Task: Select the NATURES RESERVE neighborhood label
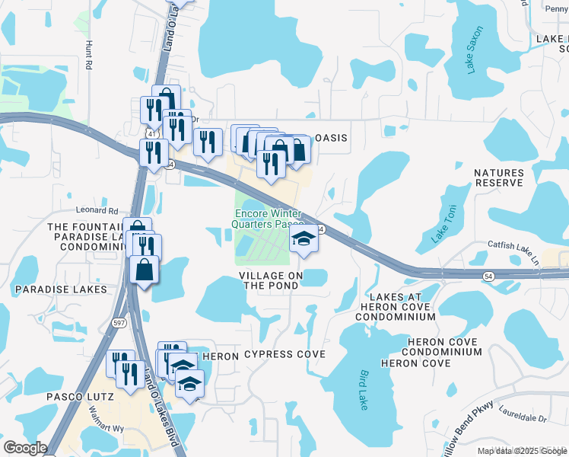pyautogui.click(x=499, y=177)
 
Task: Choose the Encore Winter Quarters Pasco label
pyautogui.click(x=269, y=219)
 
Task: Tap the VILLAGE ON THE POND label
pyautogui.click(x=271, y=280)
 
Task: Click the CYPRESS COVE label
pyautogui.click(x=284, y=355)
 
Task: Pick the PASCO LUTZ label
pyautogui.click(x=80, y=397)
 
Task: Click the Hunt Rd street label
pyautogui.click(x=88, y=55)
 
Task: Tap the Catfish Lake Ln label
pyautogui.click(x=513, y=254)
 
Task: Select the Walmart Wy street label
pyautogui.click(x=107, y=429)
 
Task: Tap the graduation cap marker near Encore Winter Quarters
pyautogui.click(x=304, y=241)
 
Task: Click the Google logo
pyautogui.click(x=24, y=448)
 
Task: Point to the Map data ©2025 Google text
pyautogui.click(x=523, y=451)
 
